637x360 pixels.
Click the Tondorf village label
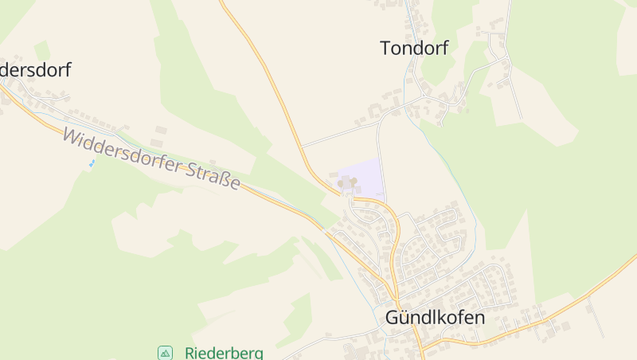(x=414, y=49)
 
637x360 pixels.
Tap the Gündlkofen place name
(x=435, y=317)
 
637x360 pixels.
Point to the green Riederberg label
(x=224, y=352)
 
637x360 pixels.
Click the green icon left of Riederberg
(x=165, y=352)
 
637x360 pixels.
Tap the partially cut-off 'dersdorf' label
(x=36, y=70)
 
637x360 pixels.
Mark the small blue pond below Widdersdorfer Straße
(x=92, y=163)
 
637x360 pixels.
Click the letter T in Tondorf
(x=385, y=49)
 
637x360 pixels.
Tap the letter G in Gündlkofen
(x=392, y=317)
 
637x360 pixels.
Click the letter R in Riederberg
(x=190, y=352)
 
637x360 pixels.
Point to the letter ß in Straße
(x=225, y=180)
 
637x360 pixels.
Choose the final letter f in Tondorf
(x=445, y=49)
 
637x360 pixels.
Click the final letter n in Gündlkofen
(x=480, y=317)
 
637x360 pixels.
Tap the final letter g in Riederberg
(x=258, y=354)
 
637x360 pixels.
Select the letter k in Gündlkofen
(x=439, y=317)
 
